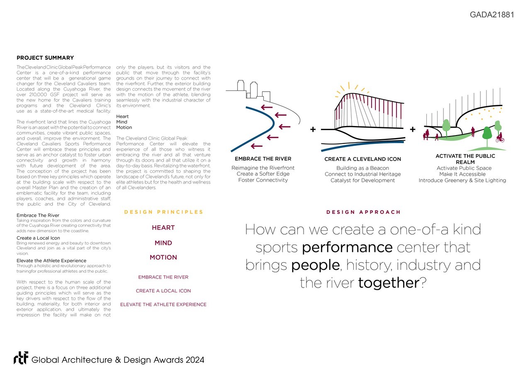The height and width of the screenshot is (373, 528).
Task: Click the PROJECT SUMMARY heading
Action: (45, 58)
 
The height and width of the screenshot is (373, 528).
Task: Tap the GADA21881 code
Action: (492, 15)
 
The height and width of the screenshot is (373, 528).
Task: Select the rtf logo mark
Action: (21, 359)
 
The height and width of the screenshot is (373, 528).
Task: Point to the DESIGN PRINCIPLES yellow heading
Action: (163, 212)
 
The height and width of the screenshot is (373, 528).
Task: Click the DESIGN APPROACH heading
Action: (363, 212)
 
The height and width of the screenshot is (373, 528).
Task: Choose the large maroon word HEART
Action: (163, 228)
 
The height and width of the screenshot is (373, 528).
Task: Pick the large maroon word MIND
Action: (163, 243)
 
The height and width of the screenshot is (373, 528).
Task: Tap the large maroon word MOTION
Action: (163, 258)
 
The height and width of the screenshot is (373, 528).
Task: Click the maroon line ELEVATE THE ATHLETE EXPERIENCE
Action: (163, 305)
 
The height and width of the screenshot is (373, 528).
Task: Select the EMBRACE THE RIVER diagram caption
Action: (263, 159)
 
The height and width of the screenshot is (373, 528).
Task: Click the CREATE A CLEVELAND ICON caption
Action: (363, 159)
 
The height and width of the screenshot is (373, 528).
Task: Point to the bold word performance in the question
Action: (347, 247)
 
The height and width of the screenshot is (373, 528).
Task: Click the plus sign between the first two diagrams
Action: (313, 130)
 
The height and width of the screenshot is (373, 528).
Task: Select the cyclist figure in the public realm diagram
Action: (500, 138)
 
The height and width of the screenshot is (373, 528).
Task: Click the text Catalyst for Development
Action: (363, 180)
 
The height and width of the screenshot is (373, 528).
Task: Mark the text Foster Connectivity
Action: (263, 180)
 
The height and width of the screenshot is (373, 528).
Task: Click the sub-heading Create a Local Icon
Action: (38, 238)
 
